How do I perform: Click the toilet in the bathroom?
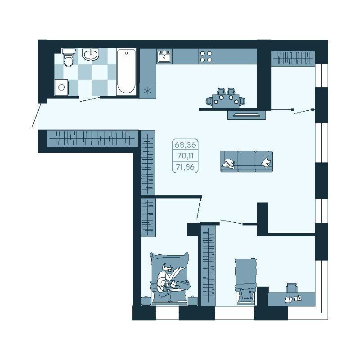coord(69,57)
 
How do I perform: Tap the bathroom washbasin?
coord(91,55)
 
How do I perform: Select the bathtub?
coord(126,72)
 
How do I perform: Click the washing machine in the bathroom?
coord(62,87)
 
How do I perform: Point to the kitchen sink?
coord(165,56)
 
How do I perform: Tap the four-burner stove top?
coord(206,56)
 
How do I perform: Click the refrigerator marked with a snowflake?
coord(148,91)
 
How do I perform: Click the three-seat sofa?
coord(247,161)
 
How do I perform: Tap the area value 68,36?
coord(185,145)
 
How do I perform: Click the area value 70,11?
coord(185,156)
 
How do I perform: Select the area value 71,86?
coord(185,167)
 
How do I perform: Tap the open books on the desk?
coord(293,299)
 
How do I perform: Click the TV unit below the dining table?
coord(247,115)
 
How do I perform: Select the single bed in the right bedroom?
coord(246,281)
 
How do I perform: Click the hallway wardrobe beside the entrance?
coord(92,139)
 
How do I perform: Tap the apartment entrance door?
coord(37,115)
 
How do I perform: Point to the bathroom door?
coord(90,99)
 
